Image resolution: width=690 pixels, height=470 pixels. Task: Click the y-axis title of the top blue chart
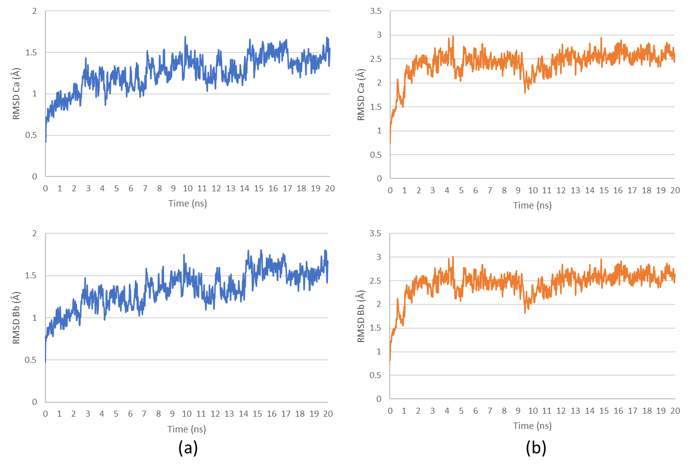coord(17,93)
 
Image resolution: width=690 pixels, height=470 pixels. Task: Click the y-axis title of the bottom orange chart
coord(361,316)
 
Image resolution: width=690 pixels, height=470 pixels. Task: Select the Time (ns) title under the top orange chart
coord(532,205)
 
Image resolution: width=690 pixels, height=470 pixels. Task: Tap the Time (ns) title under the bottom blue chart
coord(187,429)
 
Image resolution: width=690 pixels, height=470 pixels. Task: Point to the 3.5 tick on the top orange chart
coord(376,11)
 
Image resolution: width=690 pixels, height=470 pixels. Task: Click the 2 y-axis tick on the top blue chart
coord(35,11)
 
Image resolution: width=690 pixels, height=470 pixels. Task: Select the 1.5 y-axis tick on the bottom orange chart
coord(376,328)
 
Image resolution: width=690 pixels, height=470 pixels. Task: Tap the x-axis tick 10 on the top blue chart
coord(188,188)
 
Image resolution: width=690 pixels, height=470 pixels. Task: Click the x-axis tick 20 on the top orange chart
coord(675,190)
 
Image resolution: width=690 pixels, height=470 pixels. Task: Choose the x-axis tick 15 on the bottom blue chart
coord(257,414)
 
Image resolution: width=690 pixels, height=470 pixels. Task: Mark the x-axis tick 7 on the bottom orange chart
coord(490,411)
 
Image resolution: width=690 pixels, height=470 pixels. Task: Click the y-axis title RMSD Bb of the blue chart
coord(17,317)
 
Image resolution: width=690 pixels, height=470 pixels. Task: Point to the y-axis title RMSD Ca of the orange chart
coord(361,95)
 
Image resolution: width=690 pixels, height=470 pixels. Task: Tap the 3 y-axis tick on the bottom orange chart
coord(379,257)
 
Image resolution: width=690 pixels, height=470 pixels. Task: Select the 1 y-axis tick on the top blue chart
coord(35,94)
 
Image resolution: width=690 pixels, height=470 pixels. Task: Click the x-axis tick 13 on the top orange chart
coord(575,190)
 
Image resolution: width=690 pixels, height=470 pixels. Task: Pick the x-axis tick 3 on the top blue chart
coord(88,188)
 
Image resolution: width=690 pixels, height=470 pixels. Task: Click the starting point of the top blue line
coord(45,142)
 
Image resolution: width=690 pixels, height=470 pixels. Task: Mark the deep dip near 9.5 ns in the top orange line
coord(525,92)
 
